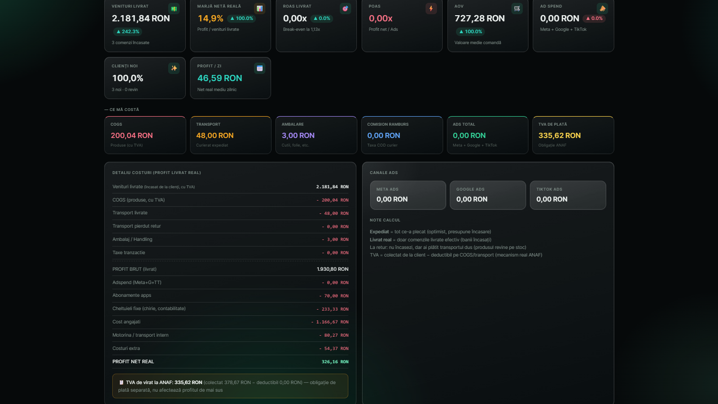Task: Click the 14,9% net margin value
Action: pyautogui.click(x=210, y=18)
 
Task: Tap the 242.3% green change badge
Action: pyautogui.click(x=127, y=31)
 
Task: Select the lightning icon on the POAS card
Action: pyautogui.click(x=431, y=9)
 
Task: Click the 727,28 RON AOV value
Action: pyautogui.click(x=480, y=18)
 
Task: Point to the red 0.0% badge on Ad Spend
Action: pyautogui.click(x=594, y=18)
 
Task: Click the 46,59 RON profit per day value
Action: pyautogui.click(x=219, y=78)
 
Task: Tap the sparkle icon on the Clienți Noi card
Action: pyautogui.click(x=174, y=68)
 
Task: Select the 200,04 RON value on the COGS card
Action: pyautogui.click(x=132, y=135)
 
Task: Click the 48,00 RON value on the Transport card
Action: pyautogui.click(x=215, y=135)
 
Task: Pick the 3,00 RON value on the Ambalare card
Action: pyautogui.click(x=298, y=135)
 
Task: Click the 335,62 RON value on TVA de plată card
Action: pyautogui.click(x=559, y=135)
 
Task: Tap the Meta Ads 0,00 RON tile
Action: pyautogui.click(x=408, y=195)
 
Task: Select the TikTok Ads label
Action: pyautogui.click(x=549, y=189)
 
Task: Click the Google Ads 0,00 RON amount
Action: pyautogui.click(x=472, y=199)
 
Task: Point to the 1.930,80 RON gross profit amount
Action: pyautogui.click(x=333, y=269)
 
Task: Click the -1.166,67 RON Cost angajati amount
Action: pyautogui.click(x=329, y=322)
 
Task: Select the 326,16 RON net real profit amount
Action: pyautogui.click(x=335, y=362)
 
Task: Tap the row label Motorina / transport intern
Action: pyautogui.click(x=140, y=335)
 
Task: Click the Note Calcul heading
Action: pyautogui.click(x=385, y=220)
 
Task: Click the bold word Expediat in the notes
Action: pyautogui.click(x=379, y=232)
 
